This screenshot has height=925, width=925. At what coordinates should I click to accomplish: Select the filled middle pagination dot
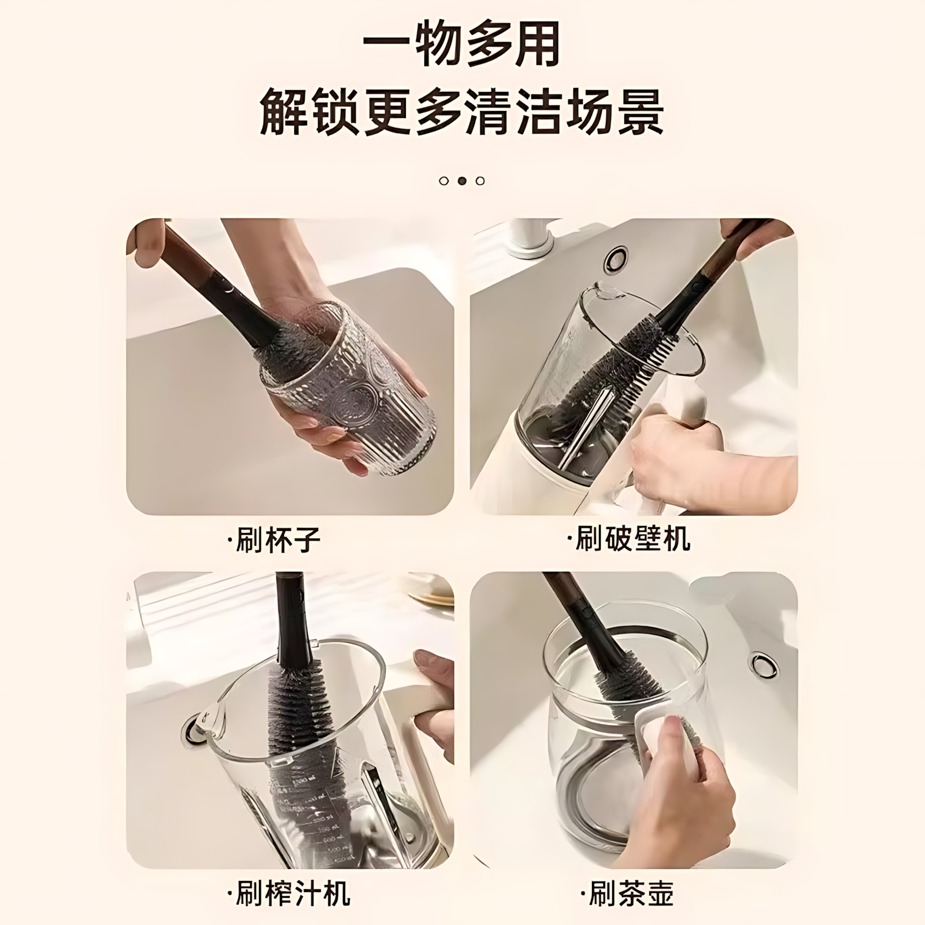click(x=462, y=181)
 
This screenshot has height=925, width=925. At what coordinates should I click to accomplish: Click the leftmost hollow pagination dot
click(x=443, y=181)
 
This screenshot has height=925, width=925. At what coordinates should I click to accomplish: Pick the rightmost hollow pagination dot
click(x=480, y=181)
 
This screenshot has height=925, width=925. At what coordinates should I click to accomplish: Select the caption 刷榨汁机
click(x=289, y=894)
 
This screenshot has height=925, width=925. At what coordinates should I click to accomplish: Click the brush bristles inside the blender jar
click(x=607, y=370)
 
